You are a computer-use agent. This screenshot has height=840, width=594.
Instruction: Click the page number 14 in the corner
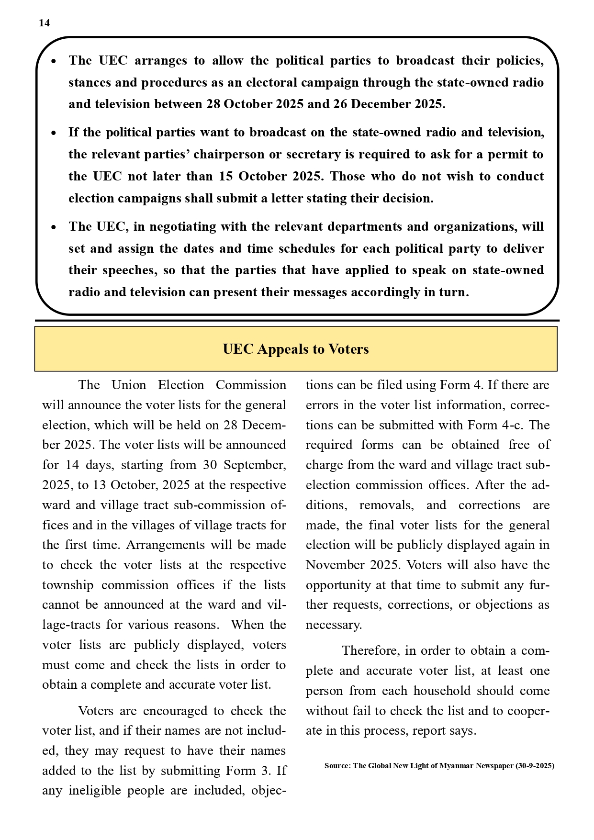[44, 23]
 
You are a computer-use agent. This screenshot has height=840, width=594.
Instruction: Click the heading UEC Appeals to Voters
[296, 349]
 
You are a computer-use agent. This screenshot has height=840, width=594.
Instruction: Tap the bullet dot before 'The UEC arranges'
[54, 62]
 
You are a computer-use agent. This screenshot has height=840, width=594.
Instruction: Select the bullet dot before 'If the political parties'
[54, 134]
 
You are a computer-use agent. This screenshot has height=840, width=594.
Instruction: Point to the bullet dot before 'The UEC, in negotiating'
[54, 227]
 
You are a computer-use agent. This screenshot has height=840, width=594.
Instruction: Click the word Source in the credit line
[336, 766]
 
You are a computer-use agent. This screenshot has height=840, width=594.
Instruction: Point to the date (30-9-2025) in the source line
[535, 766]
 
